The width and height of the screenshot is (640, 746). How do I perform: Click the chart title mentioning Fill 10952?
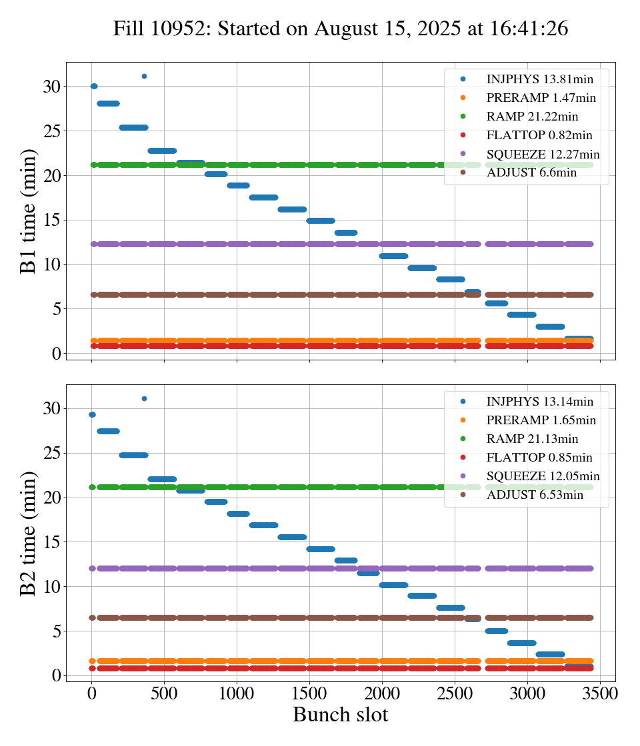tap(340, 28)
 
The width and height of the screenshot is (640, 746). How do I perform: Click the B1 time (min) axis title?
tap(29, 211)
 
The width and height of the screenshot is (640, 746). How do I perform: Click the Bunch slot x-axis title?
tap(340, 715)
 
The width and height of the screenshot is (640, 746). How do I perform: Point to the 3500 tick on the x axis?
tap(601, 692)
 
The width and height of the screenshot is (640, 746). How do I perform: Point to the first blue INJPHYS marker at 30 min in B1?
tap(93, 86)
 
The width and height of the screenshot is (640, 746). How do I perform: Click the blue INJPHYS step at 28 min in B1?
tap(108, 103)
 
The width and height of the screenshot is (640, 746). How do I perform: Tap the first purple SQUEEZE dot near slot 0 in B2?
tap(93, 568)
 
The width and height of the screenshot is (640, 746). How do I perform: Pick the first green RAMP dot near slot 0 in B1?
tap(93, 165)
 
